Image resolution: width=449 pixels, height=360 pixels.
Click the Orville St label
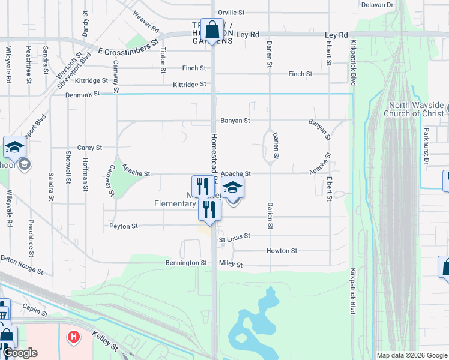pyautogui.click(x=232, y=12)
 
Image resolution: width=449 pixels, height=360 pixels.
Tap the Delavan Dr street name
pyautogui.click(x=377, y=4)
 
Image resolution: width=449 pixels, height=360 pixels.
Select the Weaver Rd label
pyautogui.click(x=146, y=22)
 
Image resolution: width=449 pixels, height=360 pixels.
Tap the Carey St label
pyautogui.click(x=89, y=148)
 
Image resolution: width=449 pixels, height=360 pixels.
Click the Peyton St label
pyautogui.click(x=124, y=227)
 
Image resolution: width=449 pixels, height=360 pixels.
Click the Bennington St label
pyautogui.click(x=186, y=263)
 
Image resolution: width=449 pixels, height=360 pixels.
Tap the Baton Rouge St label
pyautogui.click(x=22, y=264)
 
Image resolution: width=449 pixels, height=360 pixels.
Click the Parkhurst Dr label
pyautogui.click(x=426, y=145)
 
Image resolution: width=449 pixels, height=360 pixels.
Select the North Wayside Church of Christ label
pyautogui.click(x=416, y=109)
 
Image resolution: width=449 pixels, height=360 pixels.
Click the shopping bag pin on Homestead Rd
pyautogui.click(x=212, y=29)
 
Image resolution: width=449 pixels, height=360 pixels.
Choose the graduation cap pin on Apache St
pyautogui.click(x=233, y=187)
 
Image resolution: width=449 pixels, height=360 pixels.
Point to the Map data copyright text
pyautogui.click(x=411, y=355)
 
